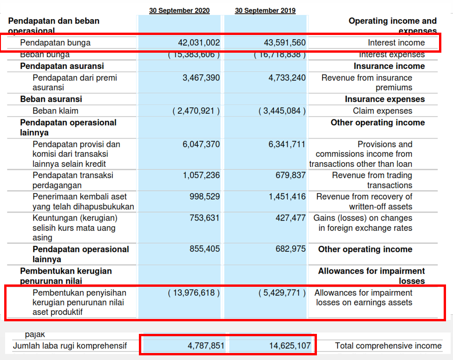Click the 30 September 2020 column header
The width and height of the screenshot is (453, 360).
point(179,11)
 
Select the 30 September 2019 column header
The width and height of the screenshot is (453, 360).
point(265,11)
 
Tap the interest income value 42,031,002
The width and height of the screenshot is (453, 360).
point(199,43)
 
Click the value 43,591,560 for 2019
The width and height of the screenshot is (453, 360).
point(284,43)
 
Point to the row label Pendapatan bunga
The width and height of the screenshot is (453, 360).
point(55,43)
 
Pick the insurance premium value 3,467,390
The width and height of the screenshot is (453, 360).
point(201,78)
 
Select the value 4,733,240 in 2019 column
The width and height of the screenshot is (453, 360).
point(287,78)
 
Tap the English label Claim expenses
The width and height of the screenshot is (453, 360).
point(382,111)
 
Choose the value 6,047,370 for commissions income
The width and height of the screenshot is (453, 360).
point(201,145)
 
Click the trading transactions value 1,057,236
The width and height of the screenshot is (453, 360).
point(201,175)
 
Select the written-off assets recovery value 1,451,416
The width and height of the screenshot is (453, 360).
point(287,197)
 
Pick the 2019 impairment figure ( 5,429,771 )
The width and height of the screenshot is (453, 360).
point(282,293)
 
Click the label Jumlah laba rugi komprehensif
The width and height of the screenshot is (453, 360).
point(69,346)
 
